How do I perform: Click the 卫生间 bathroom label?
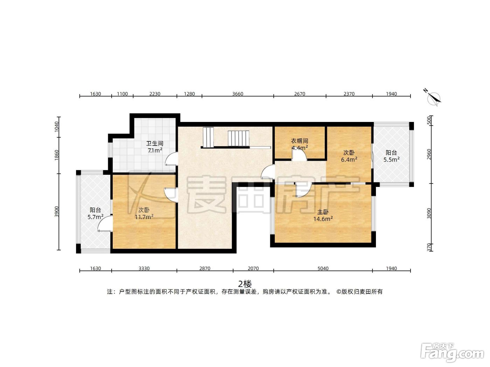pyautogui.click(x=155, y=143)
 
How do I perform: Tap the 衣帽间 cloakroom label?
pyautogui.click(x=300, y=141)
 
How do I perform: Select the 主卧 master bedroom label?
pyautogui.click(x=323, y=212)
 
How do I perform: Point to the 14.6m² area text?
pyautogui.click(x=323, y=219)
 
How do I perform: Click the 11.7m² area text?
pyautogui.click(x=144, y=217)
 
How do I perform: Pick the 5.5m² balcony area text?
pyautogui.click(x=392, y=159)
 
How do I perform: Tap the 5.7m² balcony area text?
pyautogui.click(x=95, y=217)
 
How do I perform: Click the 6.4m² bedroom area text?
pyautogui.click(x=349, y=159)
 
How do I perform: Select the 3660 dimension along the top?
pyautogui.click(x=238, y=94)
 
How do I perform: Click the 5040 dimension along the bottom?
pyautogui.click(x=323, y=268)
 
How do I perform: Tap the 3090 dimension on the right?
pyautogui.click(x=429, y=213)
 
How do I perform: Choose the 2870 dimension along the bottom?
pyautogui.click(x=205, y=268)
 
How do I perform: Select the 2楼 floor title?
pyautogui.click(x=245, y=284)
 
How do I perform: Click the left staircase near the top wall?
pyautogui.click(x=208, y=137)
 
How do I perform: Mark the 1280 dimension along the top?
pyautogui.click(x=189, y=94)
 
